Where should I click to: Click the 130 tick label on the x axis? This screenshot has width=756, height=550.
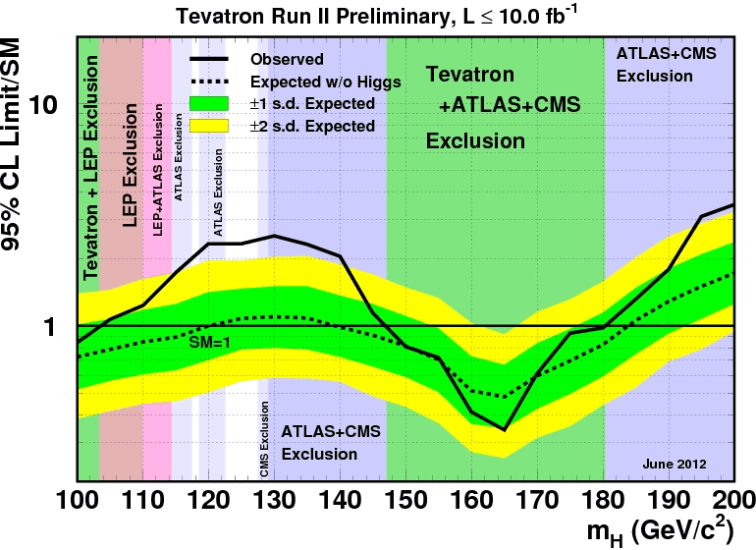[x=274, y=499]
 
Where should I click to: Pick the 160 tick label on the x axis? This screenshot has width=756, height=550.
[x=471, y=499]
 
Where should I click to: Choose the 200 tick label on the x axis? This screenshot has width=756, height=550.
[x=733, y=499]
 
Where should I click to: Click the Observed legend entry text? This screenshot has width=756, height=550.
[x=287, y=59]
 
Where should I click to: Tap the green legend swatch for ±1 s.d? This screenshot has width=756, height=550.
[x=209, y=103]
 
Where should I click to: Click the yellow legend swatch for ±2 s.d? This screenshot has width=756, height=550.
[x=209, y=126]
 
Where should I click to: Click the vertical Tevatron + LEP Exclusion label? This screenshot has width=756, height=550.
[x=92, y=167]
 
